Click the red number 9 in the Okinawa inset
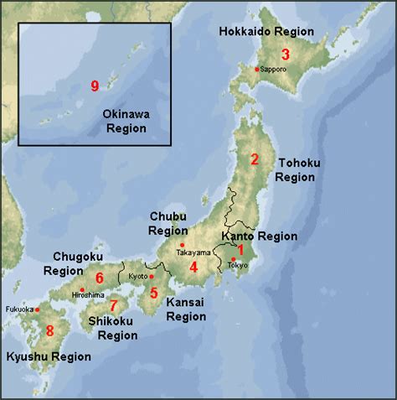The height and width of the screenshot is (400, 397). (95, 86)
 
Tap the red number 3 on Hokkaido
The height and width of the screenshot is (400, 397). (285, 55)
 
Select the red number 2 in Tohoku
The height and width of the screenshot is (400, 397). (255, 158)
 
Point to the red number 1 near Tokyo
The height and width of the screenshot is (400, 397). (240, 250)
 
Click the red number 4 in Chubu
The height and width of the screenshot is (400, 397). (193, 268)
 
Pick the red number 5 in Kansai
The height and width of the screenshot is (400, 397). (99, 278)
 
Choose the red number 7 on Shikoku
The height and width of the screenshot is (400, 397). (49, 330)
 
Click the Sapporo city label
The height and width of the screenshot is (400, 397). (274, 69)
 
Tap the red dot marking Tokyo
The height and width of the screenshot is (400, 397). (234, 258)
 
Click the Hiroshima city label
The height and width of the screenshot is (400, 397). (88, 295)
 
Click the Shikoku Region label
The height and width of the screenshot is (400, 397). (117, 328)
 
